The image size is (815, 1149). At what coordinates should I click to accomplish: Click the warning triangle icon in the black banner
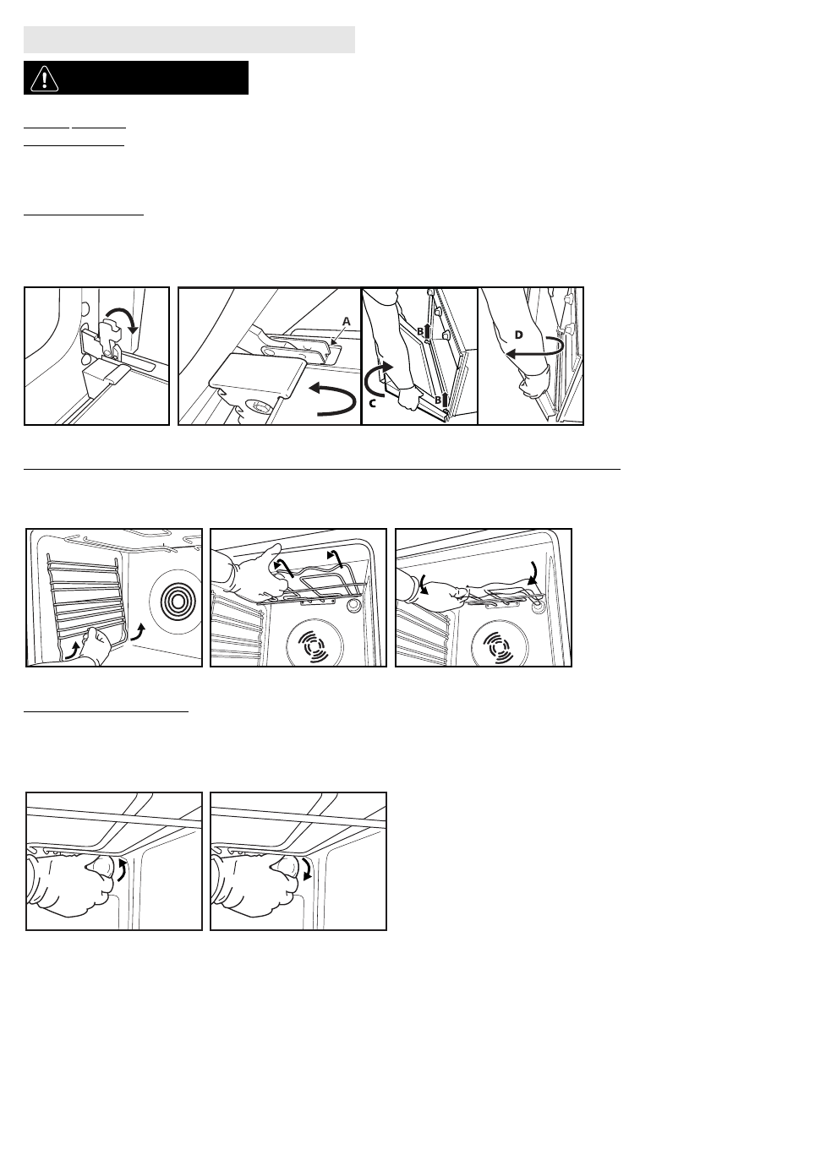[44, 79]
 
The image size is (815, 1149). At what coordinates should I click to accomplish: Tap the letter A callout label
[347, 322]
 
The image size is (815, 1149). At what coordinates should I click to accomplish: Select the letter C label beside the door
[373, 403]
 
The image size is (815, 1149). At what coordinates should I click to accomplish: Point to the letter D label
[518, 335]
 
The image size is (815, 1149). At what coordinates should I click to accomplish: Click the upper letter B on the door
[420, 331]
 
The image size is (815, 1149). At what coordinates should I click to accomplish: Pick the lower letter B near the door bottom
[438, 400]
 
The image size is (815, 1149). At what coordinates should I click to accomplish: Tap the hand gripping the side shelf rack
[95, 644]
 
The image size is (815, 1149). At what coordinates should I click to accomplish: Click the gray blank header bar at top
[189, 40]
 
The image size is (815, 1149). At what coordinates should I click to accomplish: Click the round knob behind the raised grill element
[353, 605]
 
